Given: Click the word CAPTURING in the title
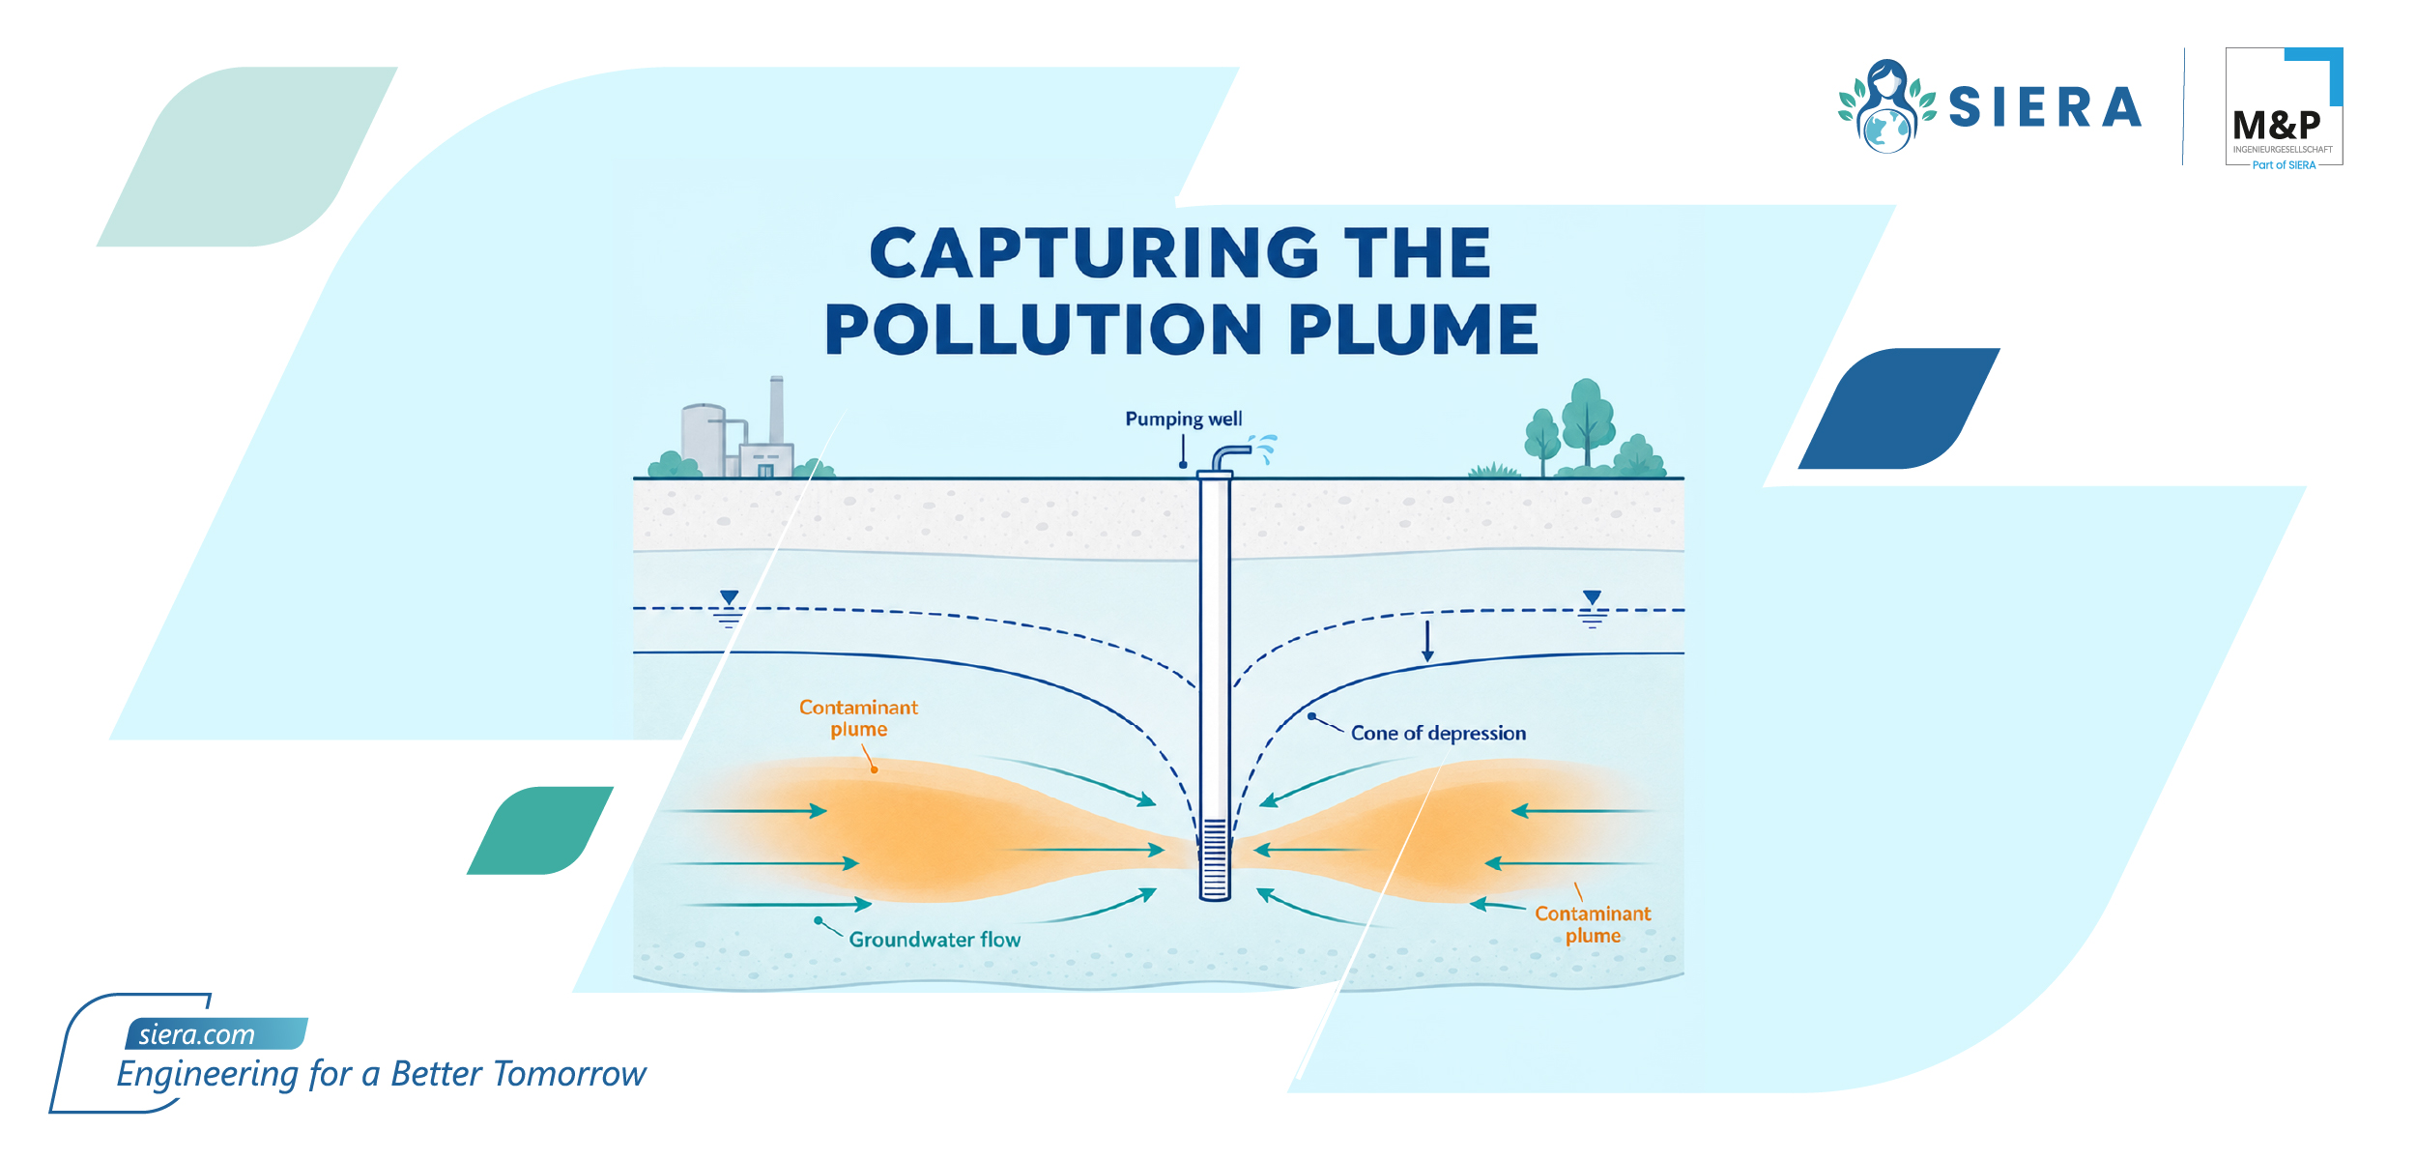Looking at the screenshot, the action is click(x=1095, y=253).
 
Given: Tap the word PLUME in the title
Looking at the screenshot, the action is click(x=1413, y=330).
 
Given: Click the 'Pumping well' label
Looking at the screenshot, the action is click(x=1183, y=419).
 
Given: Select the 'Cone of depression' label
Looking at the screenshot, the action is click(x=1438, y=733).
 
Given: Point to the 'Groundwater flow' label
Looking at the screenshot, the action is click(x=935, y=940).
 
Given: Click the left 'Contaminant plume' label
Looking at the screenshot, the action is click(x=858, y=718).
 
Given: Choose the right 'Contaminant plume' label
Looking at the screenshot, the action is click(x=1593, y=924).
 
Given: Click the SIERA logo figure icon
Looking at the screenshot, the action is click(x=1886, y=106).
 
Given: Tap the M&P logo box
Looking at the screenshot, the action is click(x=2284, y=107).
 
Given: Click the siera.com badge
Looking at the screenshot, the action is click(x=216, y=1033).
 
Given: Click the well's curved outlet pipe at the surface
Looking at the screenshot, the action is click(x=1230, y=455).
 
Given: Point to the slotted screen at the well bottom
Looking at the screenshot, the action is click(x=1215, y=857).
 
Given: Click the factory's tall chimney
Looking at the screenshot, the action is click(x=776, y=410).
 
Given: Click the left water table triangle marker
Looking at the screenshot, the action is click(x=730, y=597).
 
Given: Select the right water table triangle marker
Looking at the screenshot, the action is click(x=1592, y=597).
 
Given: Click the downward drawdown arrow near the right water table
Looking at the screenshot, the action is click(x=1427, y=641).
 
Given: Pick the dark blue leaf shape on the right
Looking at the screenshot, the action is click(x=1899, y=409).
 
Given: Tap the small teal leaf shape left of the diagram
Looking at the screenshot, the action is click(x=540, y=830).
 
